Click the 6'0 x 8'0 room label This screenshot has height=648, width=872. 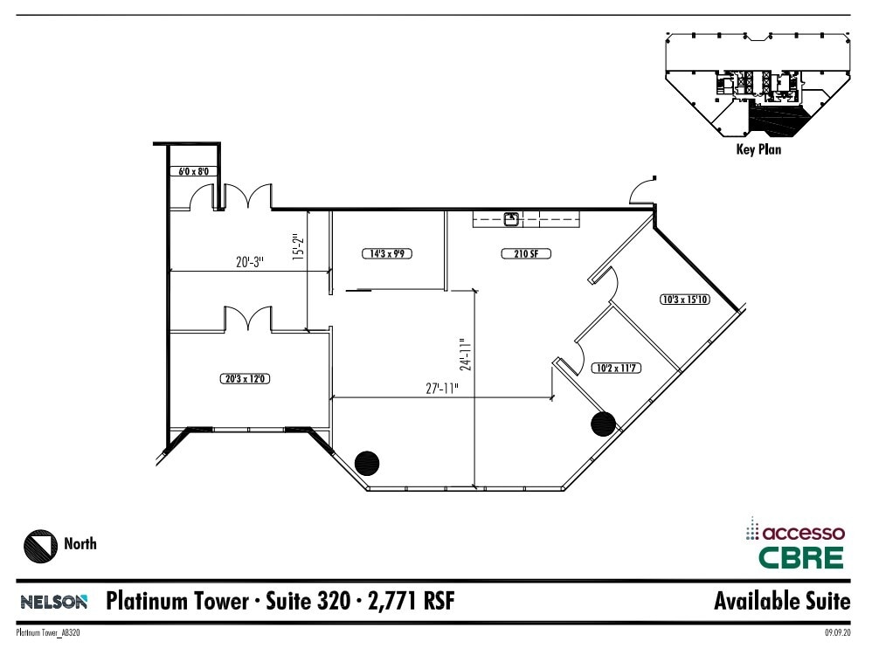point(193,172)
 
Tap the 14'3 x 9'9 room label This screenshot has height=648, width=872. point(386,254)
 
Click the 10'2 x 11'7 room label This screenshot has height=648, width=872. point(616,368)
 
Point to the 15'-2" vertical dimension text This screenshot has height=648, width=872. point(297,248)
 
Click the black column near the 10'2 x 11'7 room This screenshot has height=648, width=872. point(604,424)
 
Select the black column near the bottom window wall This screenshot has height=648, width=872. point(367,461)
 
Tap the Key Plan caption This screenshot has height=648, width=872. point(758,149)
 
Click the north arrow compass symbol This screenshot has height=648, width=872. point(38,545)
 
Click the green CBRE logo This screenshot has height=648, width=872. point(800,557)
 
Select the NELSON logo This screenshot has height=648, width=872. point(53,602)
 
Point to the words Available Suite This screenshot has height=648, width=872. point(781,601)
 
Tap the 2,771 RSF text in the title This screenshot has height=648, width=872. point(411,601)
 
